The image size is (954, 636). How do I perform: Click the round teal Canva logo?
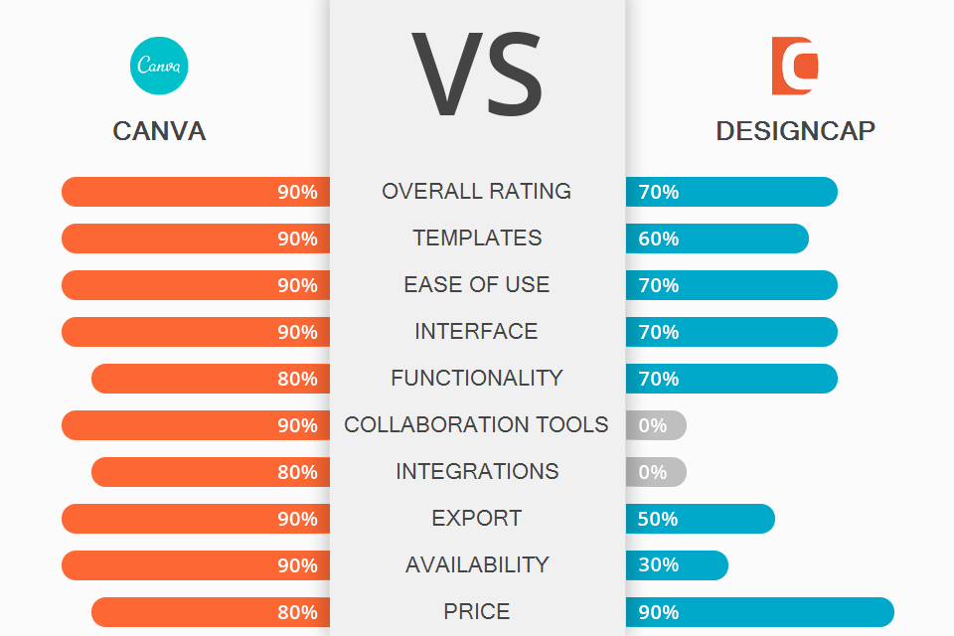[159, 66]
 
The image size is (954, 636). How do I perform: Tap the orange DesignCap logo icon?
[795, 66]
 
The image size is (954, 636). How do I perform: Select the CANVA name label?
[159, 131]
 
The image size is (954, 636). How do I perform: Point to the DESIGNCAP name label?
[795, 131]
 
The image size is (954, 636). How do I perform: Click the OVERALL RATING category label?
[477, 191]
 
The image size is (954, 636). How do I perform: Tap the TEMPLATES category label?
[477, 238]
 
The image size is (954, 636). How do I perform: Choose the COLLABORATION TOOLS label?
[477, 424]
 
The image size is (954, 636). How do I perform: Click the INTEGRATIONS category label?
[477, 471]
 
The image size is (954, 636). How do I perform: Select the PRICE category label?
[477, 611]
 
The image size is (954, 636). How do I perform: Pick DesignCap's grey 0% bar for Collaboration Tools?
[656, 425]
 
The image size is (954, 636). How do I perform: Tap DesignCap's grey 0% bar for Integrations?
[656, 472]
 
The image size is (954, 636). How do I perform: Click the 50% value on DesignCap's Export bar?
[659, 519]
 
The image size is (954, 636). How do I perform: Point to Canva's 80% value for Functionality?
[297, 379]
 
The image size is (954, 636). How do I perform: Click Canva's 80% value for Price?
[297, 612]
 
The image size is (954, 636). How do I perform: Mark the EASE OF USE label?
[477, 284]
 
